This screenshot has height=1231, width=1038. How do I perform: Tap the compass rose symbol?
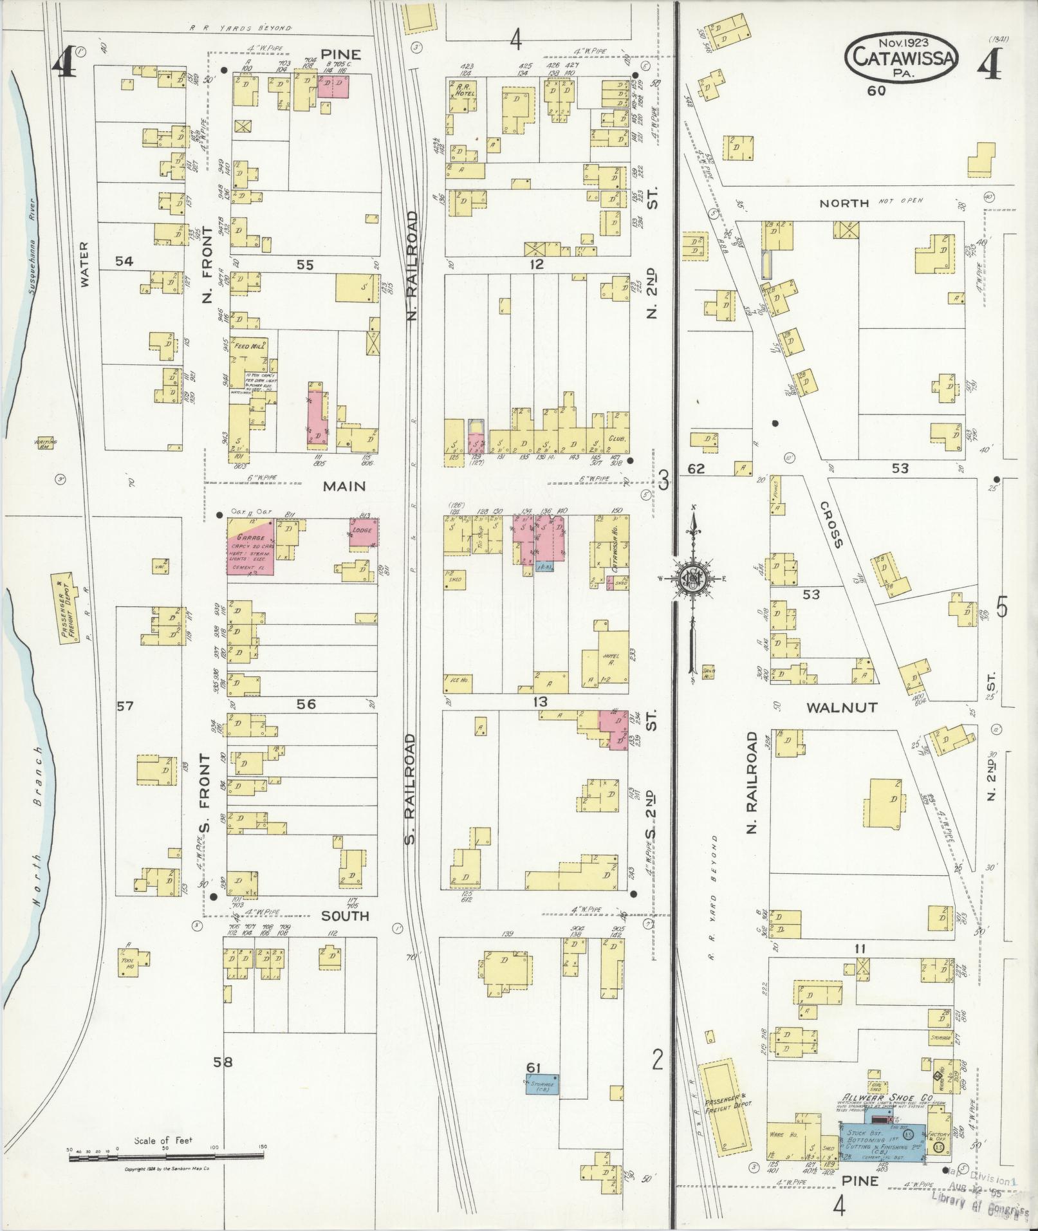coord(694,580)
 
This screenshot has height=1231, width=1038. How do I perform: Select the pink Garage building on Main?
coord(250,545)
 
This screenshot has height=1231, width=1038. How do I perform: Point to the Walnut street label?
coord(841,707)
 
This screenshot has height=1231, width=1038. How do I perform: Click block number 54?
coord(124,261)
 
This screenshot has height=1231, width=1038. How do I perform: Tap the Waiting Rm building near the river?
coord(46,444)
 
